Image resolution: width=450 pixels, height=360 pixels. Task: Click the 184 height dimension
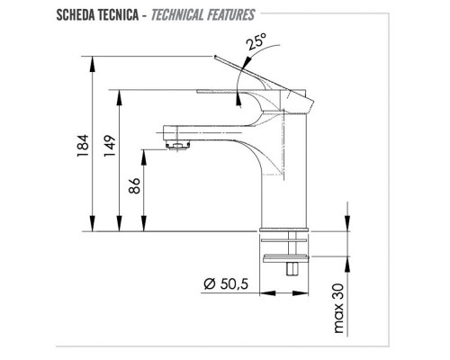[x=80, y=144]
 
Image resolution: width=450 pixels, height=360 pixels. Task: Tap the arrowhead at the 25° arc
[x=236, y=80]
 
